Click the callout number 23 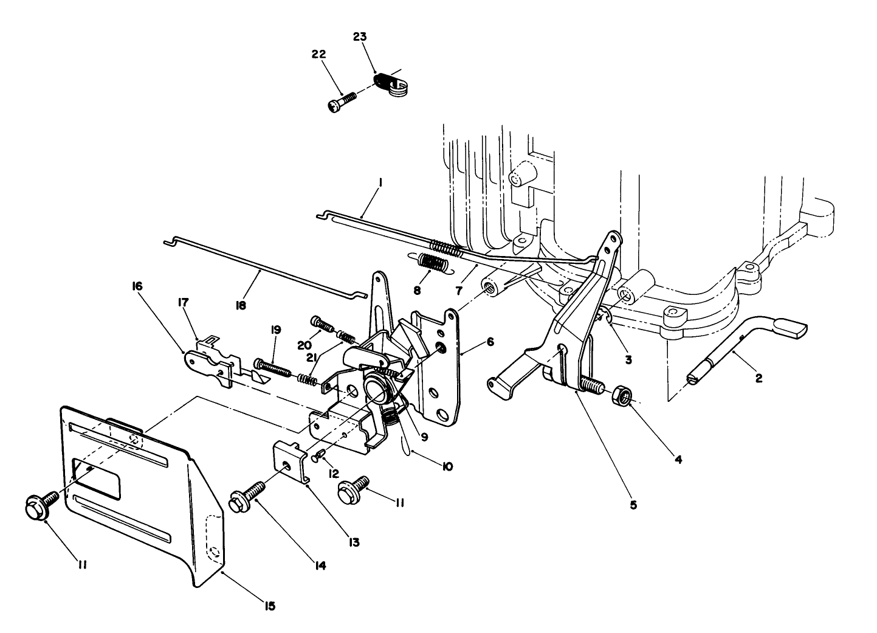coord(360,36)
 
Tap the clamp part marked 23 coord(390,84)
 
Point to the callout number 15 coord(270,606)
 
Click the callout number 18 coord(241,306)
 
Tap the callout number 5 coord(633,504)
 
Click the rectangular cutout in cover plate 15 coord(97,476)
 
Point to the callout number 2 coord(758,378)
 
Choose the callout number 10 coord(447,466)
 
